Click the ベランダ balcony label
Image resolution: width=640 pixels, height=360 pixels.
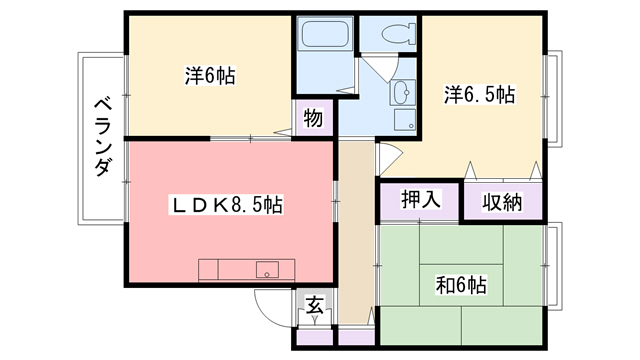[102, 139]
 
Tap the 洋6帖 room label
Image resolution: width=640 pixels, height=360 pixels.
[210, 75]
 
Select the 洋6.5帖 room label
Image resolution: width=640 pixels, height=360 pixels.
[479, 95]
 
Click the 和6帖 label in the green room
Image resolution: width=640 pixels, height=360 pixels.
[461, 285]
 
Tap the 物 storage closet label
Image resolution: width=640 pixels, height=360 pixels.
[312, 119]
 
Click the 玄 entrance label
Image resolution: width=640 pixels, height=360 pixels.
[313, 306]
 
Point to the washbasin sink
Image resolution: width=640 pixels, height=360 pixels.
[403, 94]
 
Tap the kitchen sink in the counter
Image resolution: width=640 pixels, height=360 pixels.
[268, 270]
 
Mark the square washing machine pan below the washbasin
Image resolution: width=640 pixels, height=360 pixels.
[405, 119]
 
